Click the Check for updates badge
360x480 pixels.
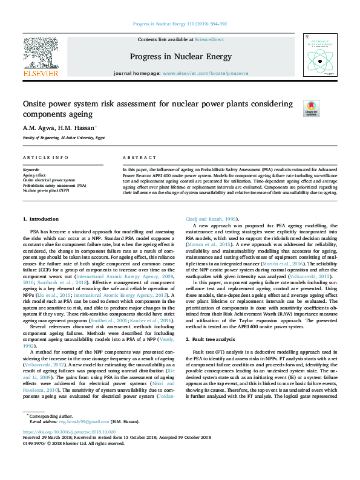point(311,108)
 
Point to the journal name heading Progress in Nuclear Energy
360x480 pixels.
point(180,57)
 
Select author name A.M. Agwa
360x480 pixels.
point(38,128)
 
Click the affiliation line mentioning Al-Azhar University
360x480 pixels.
point(64,138)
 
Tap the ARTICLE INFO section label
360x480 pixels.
point(45,157)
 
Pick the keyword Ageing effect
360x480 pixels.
point(34,175)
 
